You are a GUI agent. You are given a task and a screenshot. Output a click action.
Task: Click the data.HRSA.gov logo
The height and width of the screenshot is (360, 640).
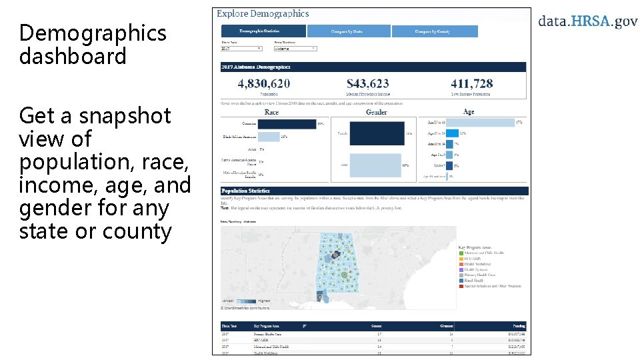point(587,21)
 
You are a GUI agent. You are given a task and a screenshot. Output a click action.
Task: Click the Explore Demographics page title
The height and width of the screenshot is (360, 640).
point(263,13)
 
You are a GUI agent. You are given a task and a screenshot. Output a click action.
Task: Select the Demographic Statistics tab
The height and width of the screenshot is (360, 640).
point(263,31)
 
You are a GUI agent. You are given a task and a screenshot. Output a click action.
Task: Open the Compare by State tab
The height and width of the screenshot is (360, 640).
point(349,31)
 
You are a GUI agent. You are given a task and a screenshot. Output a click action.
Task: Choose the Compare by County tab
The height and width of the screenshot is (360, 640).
point(435,31)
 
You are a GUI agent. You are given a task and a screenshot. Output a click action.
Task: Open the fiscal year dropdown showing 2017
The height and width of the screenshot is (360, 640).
point(241,49)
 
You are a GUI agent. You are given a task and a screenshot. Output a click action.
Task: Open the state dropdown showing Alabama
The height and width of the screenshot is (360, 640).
point(295,49)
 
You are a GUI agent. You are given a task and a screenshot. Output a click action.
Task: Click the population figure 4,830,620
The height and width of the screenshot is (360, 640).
point(264,83)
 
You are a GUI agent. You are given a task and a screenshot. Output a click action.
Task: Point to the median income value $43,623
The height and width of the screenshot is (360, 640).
point(368,83)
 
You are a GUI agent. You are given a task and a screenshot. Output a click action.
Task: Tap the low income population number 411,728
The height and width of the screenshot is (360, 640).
point(471,83)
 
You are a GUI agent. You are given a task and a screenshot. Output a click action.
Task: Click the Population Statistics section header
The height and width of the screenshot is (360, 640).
point(246,191)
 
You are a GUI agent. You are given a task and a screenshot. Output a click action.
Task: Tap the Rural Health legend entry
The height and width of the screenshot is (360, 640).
point(474,281)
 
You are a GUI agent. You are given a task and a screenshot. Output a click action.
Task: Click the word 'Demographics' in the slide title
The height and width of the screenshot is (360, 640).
point(93,33)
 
